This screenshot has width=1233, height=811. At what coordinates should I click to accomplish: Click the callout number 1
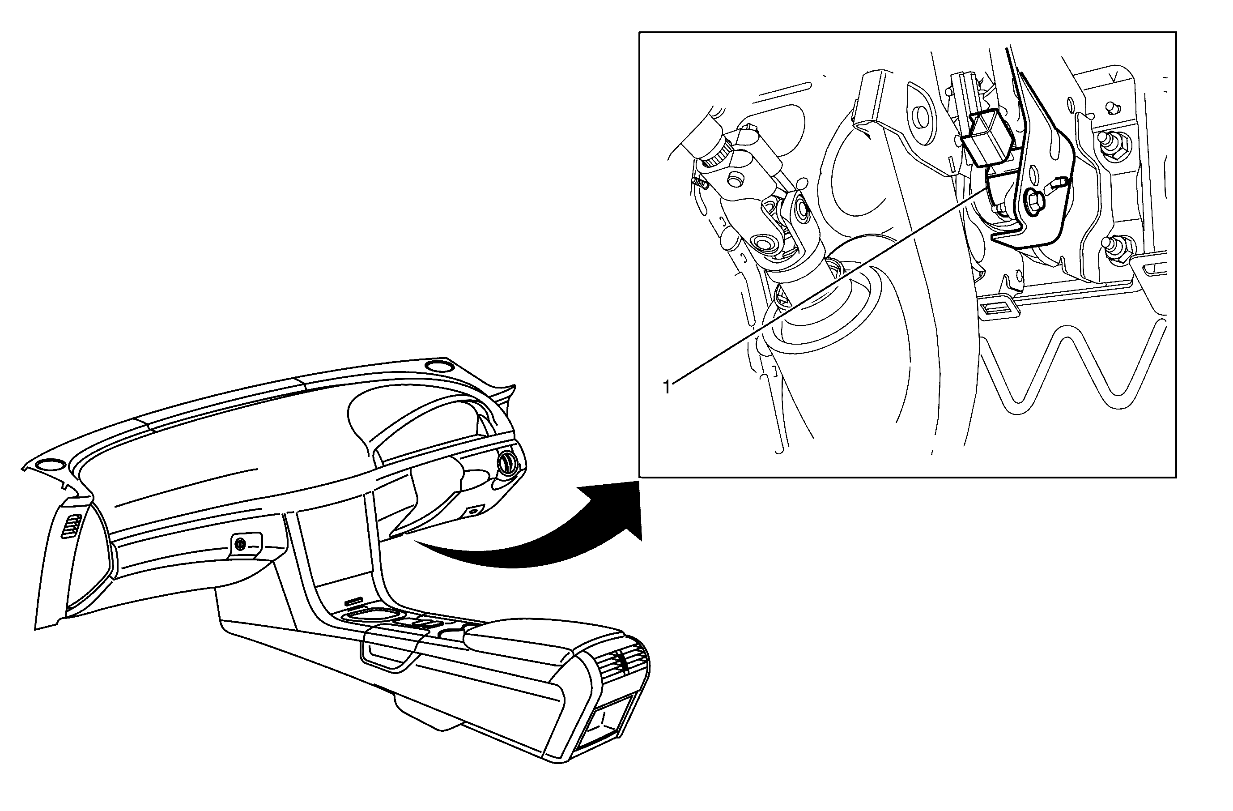tap(667, 387)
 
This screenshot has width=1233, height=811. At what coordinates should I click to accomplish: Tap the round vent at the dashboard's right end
tap(507, 463)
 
